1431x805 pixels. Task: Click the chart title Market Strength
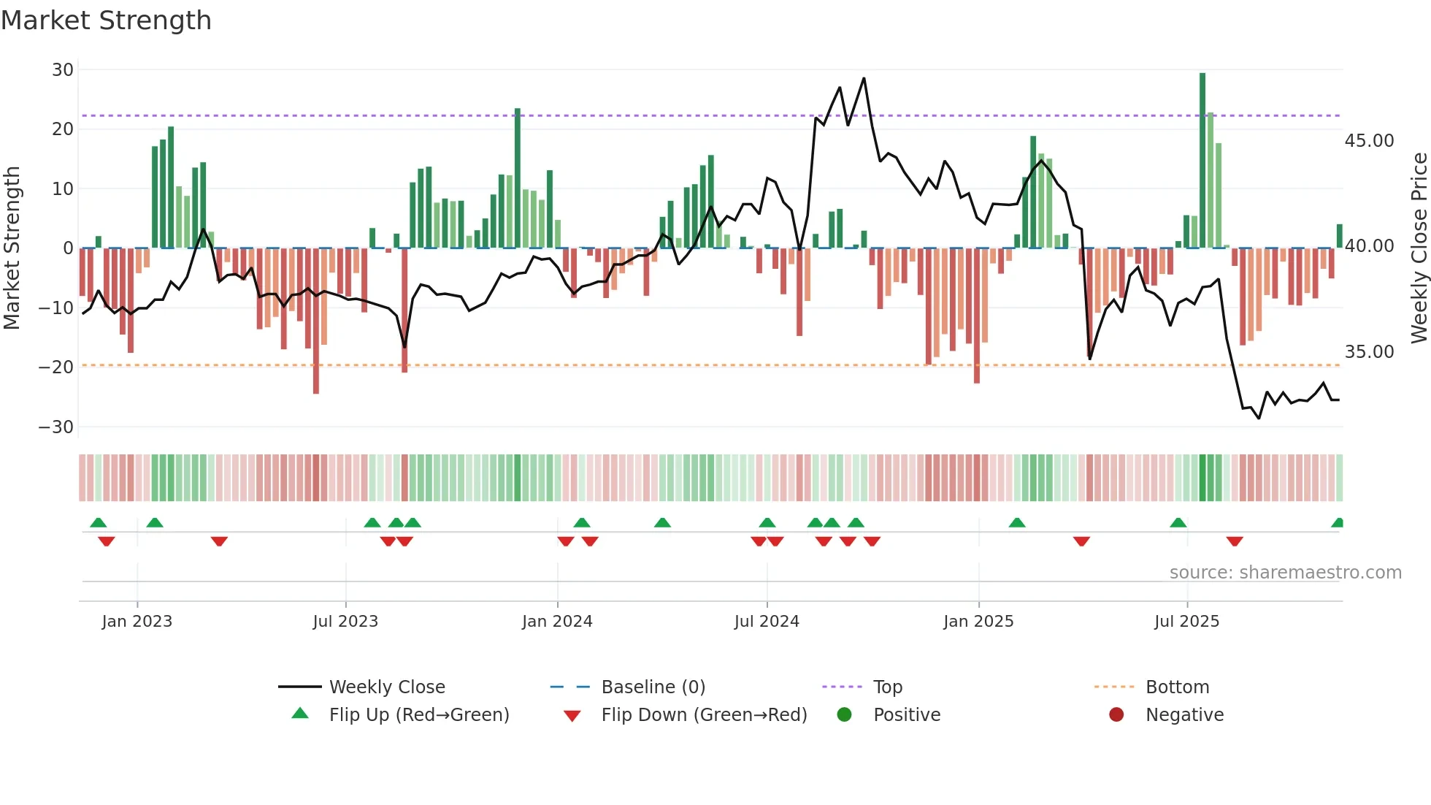pyautogui.click(x=106, y=20)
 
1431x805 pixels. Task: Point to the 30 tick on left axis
pyautogui.click(x=63, y=70)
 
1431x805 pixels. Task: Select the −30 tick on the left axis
pyautogui.click(x=56, y=427)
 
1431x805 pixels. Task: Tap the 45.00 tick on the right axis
pyautogui.click(x=1369, y=141)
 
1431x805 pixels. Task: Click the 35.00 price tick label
pyautogui.click(x=1369, y=352)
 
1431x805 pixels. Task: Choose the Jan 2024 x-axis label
pyautogui.click(x=557, y=622)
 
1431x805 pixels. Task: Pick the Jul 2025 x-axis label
pyautogui.click(x=1186, y=622)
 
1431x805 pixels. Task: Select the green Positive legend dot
pyautogui.click(x=844, y=715)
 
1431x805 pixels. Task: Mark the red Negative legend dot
pyautogui.click(x=1116, y=715)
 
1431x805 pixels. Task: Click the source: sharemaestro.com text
pyautogui.click(x=1285, y=573)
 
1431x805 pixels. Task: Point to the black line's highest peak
pyautogui.click(x=864, y=78)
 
